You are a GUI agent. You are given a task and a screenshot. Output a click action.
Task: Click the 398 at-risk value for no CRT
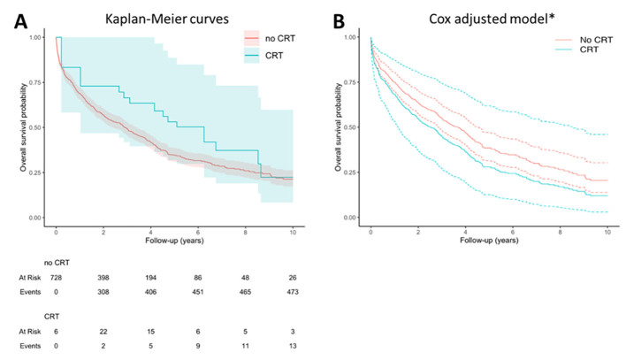tap(103, 279)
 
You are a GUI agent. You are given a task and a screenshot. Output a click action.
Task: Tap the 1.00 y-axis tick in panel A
tap(35, 37)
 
